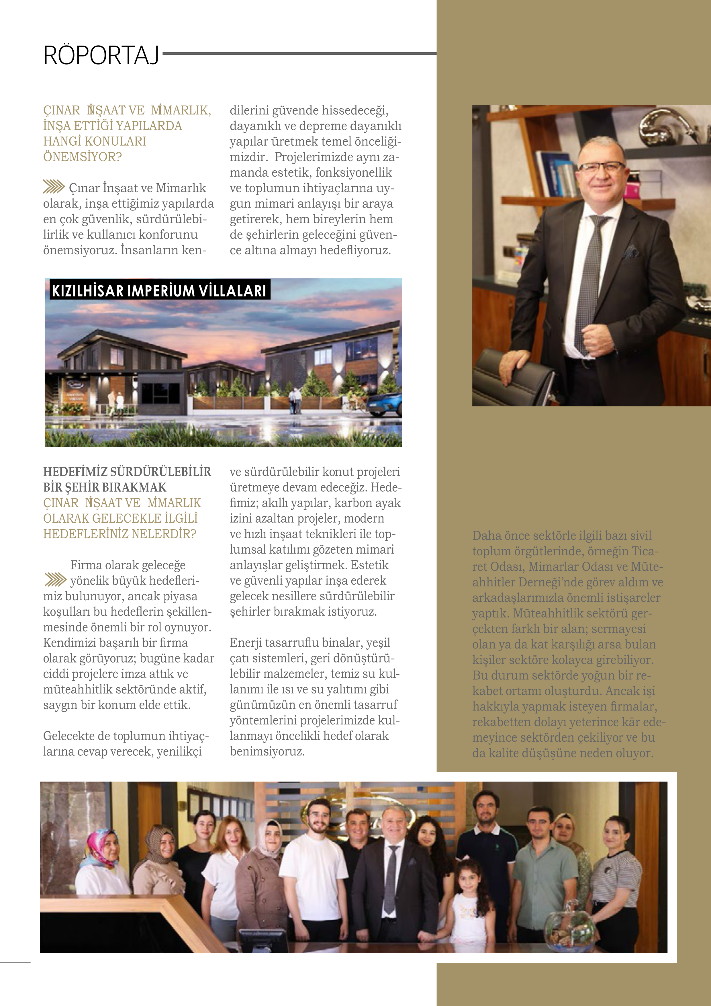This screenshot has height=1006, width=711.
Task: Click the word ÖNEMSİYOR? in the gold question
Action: pyautogui.click(x=82, y=157)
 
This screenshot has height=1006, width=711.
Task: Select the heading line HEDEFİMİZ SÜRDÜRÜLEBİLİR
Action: pyautogui.click(x=127, y=472)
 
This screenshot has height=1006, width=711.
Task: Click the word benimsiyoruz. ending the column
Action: pyautogui.click(x=267, y=751)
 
